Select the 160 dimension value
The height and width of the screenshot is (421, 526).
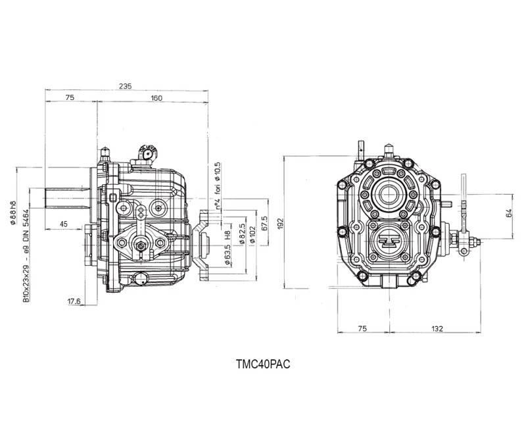pyautogui.click(x=156, y=98)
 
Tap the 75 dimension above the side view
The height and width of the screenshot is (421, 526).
pyautogui.click(x=70, y=98)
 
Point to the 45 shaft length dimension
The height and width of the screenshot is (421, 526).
pyautogui.click(x=63, y=224)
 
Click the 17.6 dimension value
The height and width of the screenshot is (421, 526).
pyautogui.click(x=74, y=302)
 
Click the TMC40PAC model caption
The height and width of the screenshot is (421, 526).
pyautogui.click(x=262, y=362)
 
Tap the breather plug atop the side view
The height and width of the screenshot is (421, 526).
pyautogui.click(x=147, y=153)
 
